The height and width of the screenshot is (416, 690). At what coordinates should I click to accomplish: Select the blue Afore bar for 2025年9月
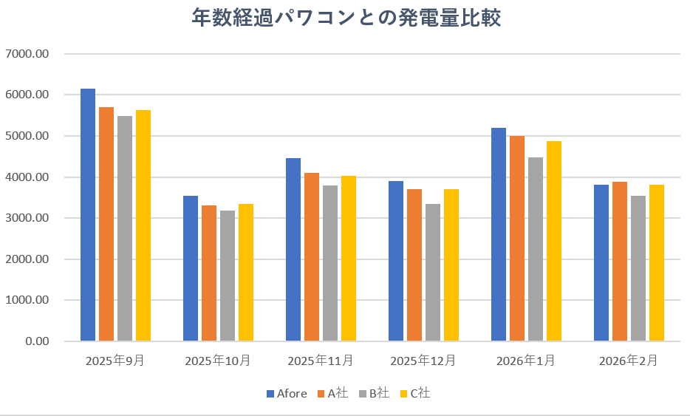pos(88,215)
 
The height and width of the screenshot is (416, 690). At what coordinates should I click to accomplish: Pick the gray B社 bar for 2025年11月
pos(330,263)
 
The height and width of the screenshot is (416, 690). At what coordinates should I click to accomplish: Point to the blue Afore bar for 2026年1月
pos(499,235)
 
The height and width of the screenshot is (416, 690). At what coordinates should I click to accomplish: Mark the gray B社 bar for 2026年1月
pos(536,250)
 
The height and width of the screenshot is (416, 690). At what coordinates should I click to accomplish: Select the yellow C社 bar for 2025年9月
pos(143,225)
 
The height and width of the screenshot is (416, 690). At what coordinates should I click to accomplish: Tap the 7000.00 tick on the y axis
pos(27,54)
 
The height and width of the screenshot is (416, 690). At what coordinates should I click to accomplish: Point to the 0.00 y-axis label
pos(35,341)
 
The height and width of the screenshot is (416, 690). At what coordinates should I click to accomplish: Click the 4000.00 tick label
pos(27,177)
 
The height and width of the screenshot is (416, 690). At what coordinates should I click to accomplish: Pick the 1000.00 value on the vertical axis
pos(27,301)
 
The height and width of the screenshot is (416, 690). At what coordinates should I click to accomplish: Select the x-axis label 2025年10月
pos(218,361)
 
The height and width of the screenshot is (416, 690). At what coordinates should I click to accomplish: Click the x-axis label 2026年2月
pos(628,361)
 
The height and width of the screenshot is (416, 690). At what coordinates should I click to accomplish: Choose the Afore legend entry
pos(286,393)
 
